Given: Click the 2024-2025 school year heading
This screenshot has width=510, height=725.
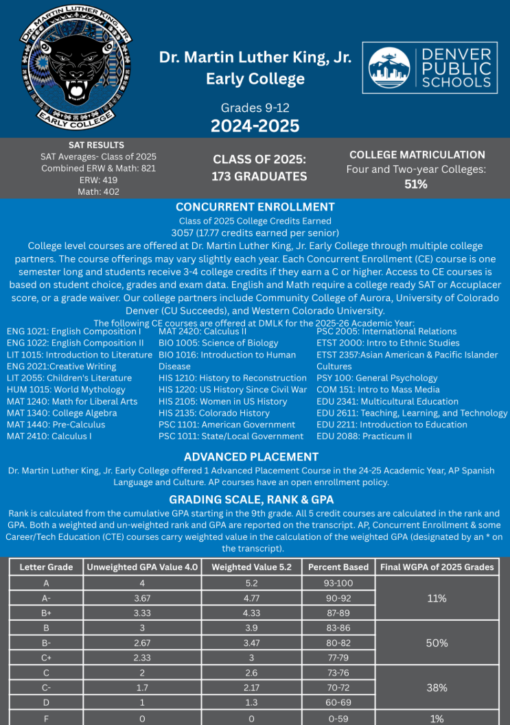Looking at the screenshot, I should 255,126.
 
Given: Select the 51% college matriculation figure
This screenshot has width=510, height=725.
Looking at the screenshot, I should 416,184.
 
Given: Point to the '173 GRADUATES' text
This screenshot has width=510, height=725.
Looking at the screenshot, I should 259,176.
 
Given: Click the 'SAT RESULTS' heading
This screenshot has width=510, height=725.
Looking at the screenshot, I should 97,145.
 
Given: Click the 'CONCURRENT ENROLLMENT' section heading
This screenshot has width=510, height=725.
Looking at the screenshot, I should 255,207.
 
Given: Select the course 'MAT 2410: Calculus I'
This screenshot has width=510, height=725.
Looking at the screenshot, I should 49,436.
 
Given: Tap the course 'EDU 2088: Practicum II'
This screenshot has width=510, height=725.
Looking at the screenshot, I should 364,436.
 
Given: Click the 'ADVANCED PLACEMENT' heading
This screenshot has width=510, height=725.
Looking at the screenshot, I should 251,457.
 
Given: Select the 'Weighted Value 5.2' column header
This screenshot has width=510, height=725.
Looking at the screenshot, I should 251,567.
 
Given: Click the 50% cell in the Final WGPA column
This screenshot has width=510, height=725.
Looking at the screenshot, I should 437,643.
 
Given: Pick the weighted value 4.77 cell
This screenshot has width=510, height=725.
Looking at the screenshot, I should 251,598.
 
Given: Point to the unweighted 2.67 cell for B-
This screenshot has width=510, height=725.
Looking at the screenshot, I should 141,643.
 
